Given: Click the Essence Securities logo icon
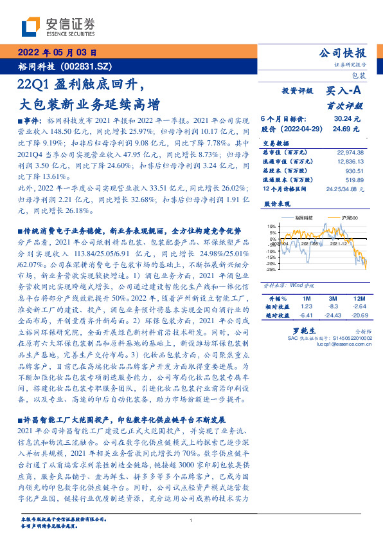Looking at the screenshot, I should pyautogui.click(x=31, y=26).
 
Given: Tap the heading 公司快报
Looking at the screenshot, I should pyautogui.click(x=342, y=53).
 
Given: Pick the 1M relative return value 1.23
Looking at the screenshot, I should pyautogui.click(x=306, y=307).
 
